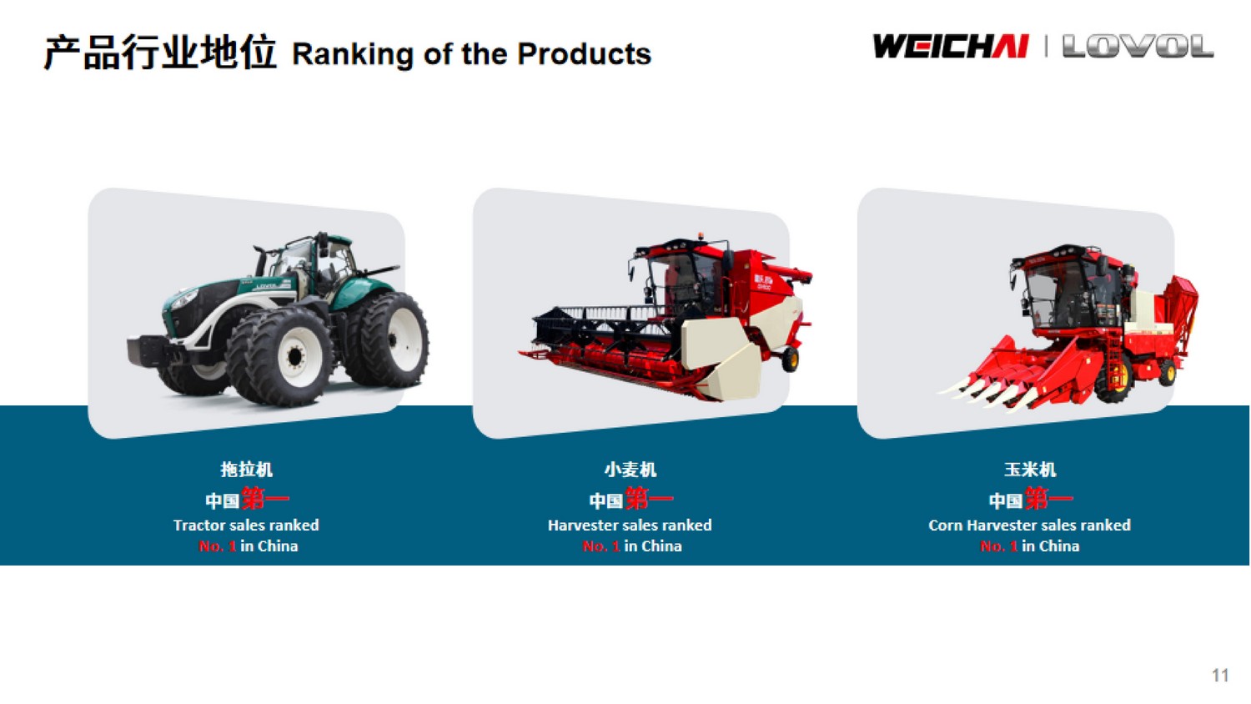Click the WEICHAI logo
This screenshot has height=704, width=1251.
951,47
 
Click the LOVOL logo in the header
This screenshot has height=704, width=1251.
1138,47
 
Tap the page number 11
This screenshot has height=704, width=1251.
1220,675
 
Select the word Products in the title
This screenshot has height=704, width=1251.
584,53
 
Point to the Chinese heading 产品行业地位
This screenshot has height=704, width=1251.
160,53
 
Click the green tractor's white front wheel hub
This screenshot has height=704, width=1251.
295,356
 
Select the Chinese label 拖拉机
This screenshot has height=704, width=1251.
246,470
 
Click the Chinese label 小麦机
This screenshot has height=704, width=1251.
630,470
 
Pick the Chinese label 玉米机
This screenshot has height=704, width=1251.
1030,470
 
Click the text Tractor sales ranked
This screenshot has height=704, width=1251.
246,525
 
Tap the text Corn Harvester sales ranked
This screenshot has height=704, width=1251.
1029,525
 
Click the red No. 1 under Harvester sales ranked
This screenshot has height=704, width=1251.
601,546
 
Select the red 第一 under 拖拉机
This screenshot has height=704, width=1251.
265,498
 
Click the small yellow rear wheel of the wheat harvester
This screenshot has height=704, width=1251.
791,360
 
